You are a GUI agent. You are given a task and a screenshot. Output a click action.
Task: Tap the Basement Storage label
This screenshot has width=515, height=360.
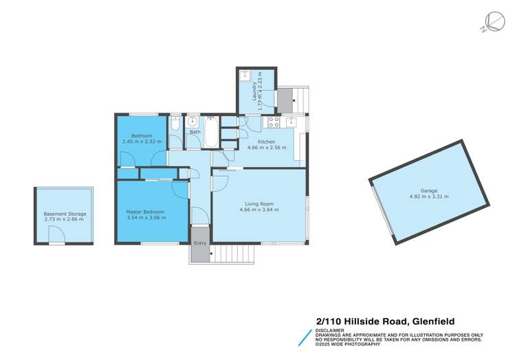(x=65, y=214)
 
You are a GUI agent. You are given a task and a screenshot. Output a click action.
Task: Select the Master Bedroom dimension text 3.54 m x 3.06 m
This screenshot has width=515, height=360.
(x=147, y=217)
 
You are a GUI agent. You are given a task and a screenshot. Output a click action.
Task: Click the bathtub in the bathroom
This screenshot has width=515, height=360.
(x=211, y=133)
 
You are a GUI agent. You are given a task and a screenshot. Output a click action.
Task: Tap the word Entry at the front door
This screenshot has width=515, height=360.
(x=199, y=243)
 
